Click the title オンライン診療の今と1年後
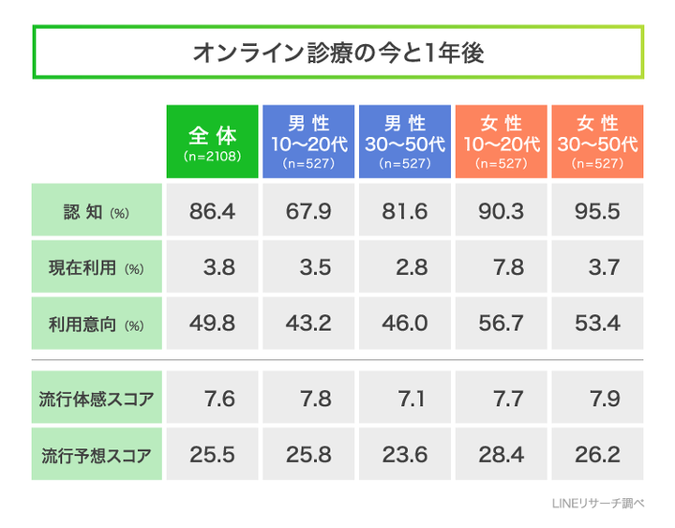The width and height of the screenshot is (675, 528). (337, 53)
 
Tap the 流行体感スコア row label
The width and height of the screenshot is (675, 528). (96, 400)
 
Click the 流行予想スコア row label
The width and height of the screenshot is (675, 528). (96, 456)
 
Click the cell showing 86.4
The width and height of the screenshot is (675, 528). (213, 211)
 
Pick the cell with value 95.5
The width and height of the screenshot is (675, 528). (597, 211)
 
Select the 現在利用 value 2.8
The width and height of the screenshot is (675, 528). (404, 267)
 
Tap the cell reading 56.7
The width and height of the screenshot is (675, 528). (501, 324)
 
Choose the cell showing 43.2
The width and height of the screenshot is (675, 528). (309, 324)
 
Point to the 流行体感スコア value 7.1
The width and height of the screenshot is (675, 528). (404, 400)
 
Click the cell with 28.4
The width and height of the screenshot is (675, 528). (501, 456)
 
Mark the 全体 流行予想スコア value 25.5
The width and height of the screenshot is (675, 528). (213, 456)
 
